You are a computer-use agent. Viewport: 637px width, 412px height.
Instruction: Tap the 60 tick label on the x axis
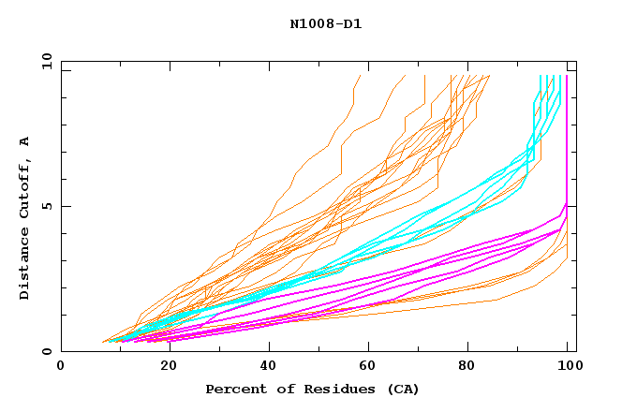click(x=373, y=366)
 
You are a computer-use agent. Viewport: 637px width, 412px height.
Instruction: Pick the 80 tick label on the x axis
click(x=475, y=366)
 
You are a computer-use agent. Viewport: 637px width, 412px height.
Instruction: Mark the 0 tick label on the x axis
click(x=61, y=366)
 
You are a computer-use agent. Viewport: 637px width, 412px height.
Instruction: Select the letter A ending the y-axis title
click(x=25, y=140)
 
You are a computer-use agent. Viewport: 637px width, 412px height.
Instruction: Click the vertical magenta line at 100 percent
click(x=566, y=140)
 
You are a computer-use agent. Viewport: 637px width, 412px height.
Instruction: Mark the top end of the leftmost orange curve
click(x=360, y=76)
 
